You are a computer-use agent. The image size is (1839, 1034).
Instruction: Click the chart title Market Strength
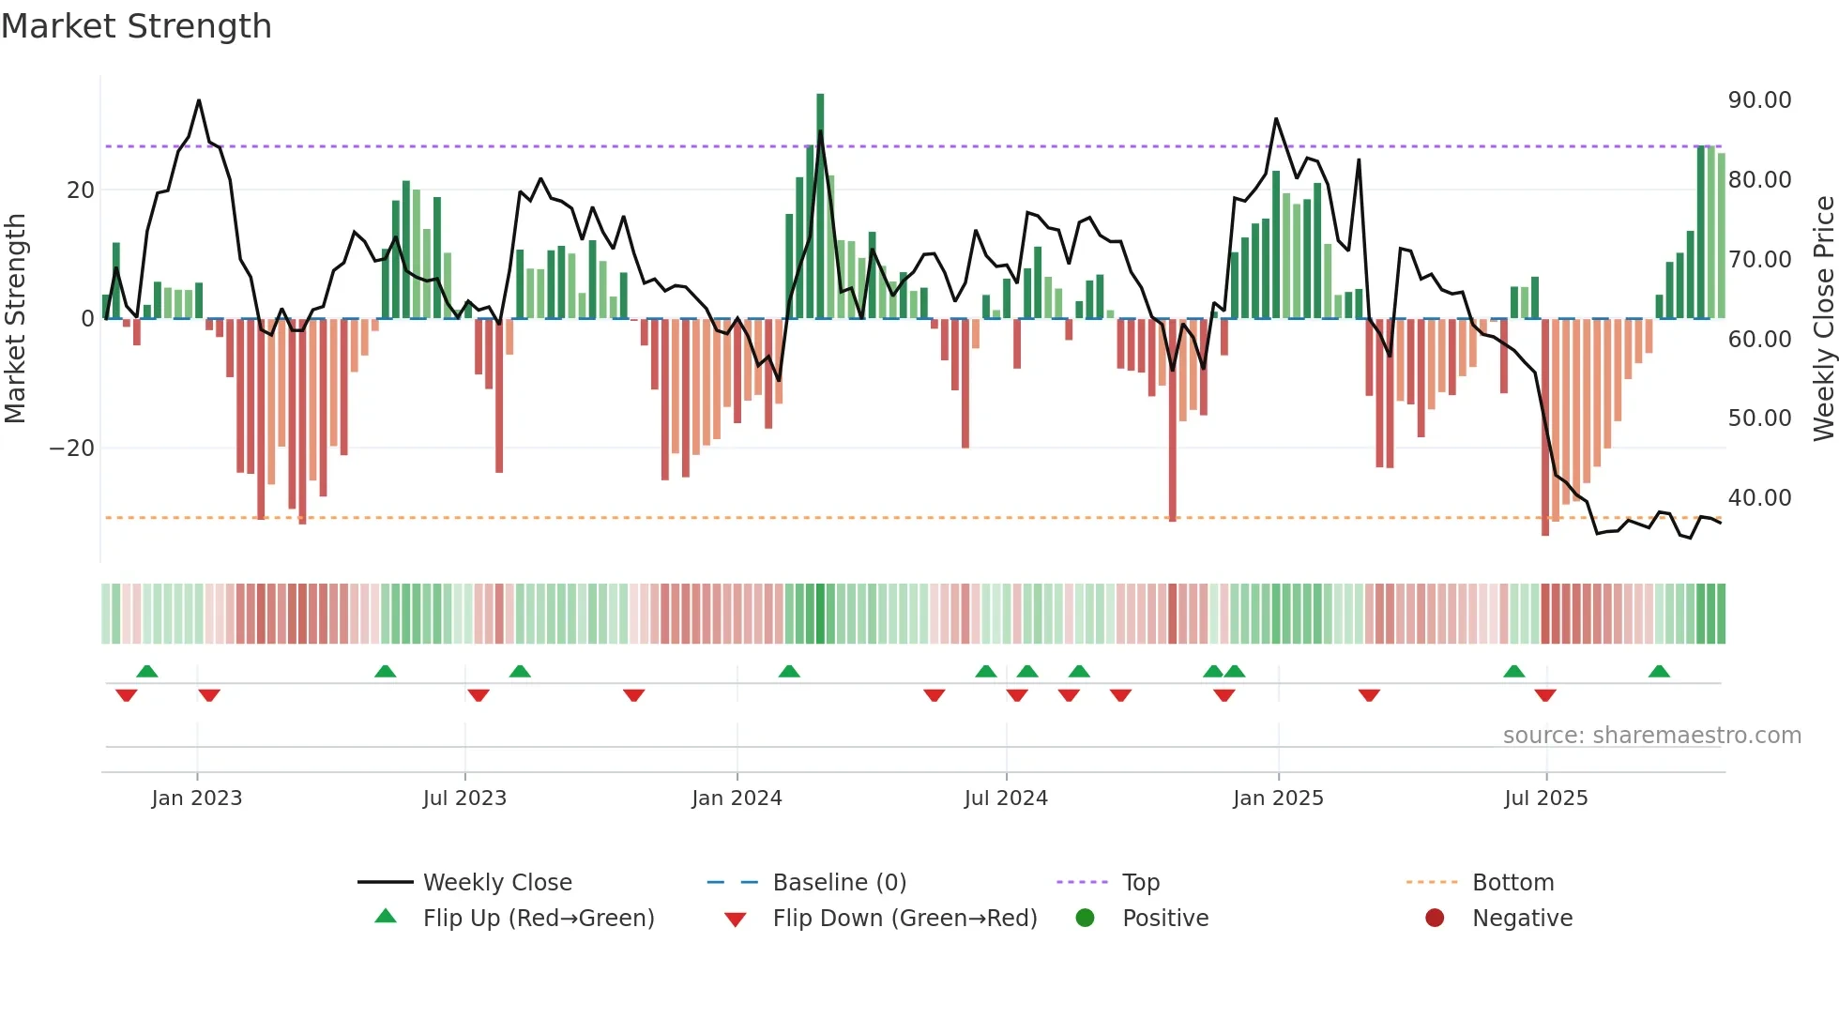pos(136,26)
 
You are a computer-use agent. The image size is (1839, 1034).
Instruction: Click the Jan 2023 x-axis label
pos(196,798)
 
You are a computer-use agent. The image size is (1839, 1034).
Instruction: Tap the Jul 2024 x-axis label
pos(1005,798)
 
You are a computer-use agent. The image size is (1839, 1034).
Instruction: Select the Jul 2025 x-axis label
pos(1545,798)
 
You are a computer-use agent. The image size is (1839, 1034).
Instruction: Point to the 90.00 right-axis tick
pos(1759,100)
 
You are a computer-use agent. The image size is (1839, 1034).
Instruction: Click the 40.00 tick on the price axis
pos(1759,498)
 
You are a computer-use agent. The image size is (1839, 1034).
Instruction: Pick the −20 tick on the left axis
pos(72,449)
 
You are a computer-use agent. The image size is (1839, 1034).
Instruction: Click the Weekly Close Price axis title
pos(1823,319)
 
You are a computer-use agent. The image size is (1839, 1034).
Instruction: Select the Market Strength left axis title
pos(16,319)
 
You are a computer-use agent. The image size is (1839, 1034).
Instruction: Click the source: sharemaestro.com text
pos(1651,736)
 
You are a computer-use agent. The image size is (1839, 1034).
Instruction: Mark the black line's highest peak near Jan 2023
pos(199,100)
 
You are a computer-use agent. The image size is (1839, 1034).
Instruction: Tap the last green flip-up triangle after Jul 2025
pos(1659,672)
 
